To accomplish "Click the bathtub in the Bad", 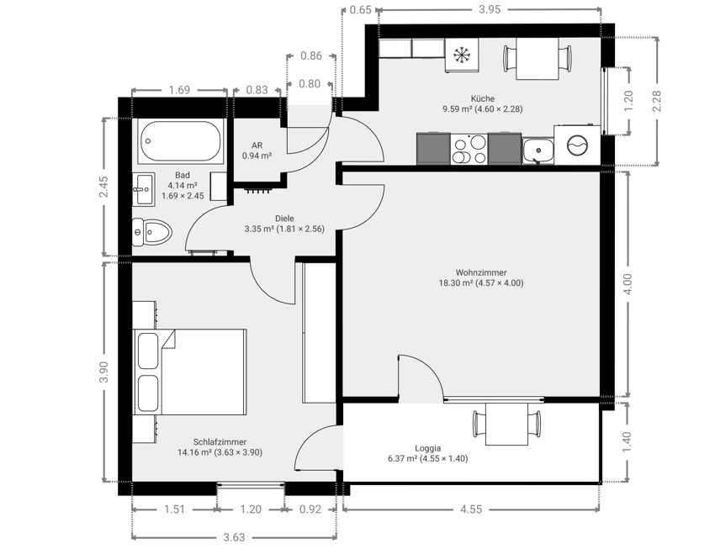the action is (x=181, y=141).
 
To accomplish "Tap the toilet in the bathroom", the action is (x=151, y=232).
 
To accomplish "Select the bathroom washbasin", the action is (x=143, y=189).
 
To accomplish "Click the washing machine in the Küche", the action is (x=577, y=145).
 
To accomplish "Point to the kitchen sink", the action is (x=538, y=150).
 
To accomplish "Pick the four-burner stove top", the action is (x=469, y=150).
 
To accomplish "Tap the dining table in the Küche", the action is (x=538, y=58).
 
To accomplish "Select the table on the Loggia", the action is (x=506, y=424).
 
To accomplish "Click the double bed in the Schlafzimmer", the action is (x=190, y=372).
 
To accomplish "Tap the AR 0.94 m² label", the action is (x=257, y=150).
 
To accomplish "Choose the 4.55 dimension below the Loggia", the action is (x=470, y=509).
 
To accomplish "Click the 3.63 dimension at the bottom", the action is (x=234, y=537).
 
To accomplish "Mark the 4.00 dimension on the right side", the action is (x=628, y=284).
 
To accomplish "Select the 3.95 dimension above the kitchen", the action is (x=490, y=9).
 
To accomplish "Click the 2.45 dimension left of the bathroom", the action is (x=104, y=187).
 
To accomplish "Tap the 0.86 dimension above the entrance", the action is (x=311, y=55).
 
